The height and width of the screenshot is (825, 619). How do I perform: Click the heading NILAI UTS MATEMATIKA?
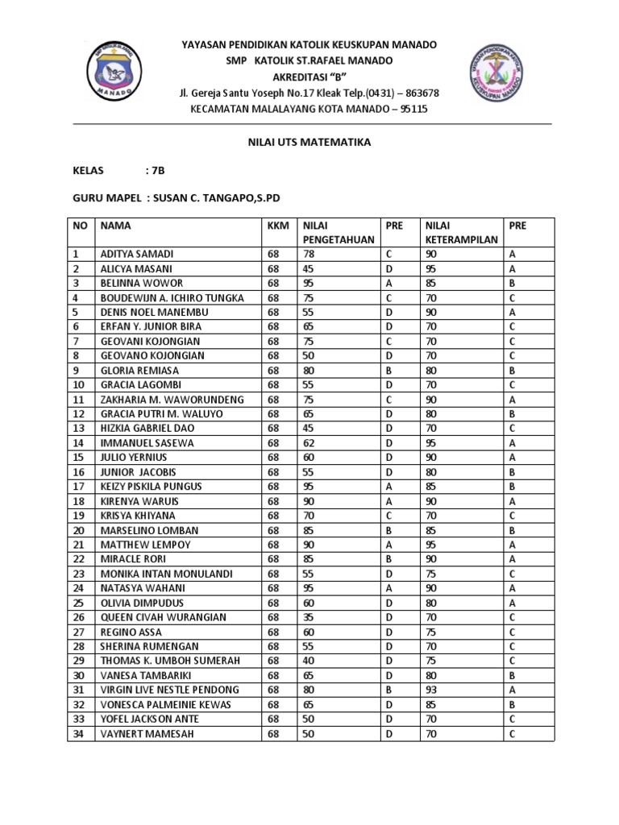pyautogui.click(x=309, y=142)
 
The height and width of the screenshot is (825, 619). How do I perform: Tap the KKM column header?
pyautogui.click(x=278, y=226)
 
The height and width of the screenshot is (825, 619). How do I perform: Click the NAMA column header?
pyautogui.click(x=116, y=226)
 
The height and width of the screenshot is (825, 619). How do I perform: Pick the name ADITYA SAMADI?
pyautogui.click(x=136, y=254)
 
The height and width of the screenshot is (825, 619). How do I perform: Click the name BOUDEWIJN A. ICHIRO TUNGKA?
pyautogui.click(x=171, y=297)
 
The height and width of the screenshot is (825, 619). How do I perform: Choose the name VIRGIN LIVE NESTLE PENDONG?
pyautogui.click(x=169, y=690)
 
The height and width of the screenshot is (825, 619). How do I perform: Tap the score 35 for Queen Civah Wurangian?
pyautogui.click(x=309, y=617)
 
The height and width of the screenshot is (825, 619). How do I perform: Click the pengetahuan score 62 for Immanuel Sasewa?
pyautogui.click(x=309, y=442)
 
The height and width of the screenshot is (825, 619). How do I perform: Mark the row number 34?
pyautogui.click(x=79, y=733)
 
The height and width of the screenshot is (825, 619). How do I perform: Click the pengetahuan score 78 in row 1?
pyautogui.click(x=309, y=254)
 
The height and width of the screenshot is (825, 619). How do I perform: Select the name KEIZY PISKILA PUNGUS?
pyautogui.click(x=152, y=486)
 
